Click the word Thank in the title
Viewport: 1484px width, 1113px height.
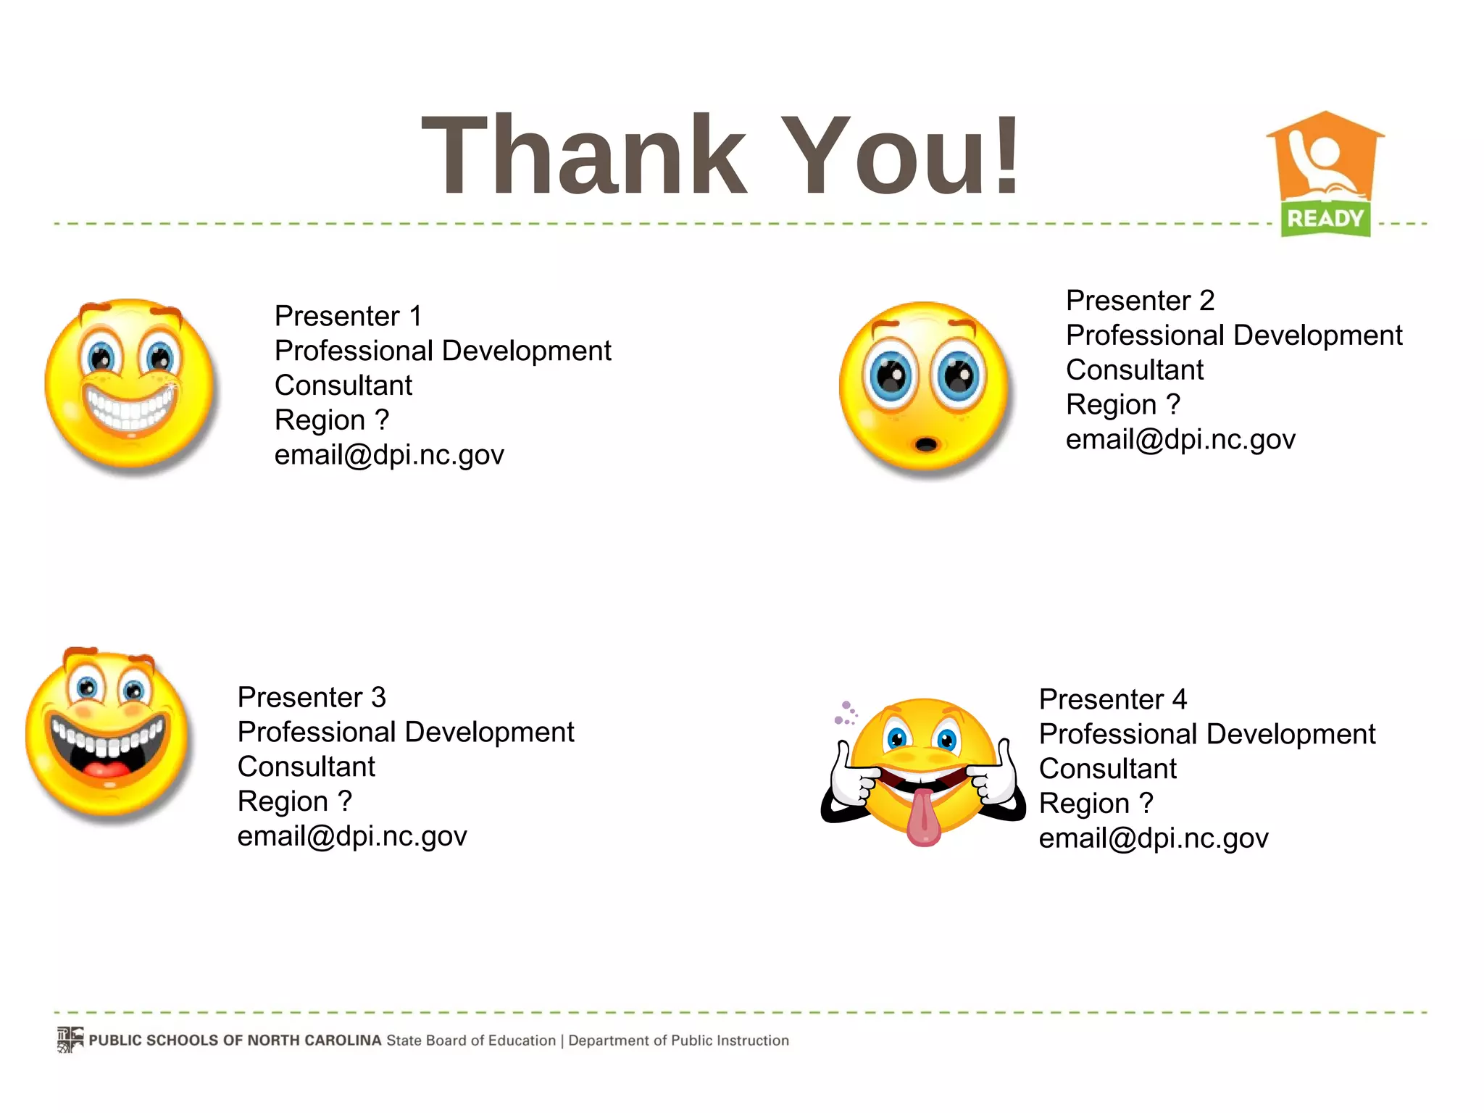(583, 156)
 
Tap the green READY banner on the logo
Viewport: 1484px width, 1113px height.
(1325, 218)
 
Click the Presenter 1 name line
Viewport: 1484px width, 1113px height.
(348, 316)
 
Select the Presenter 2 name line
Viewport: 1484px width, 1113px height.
(1140, 300)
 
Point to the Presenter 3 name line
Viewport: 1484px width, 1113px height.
(312, 697)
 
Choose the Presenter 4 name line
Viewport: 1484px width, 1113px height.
(1113, 699)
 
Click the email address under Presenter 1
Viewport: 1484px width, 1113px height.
(389, 455)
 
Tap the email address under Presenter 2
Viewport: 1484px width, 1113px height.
(1180, 439)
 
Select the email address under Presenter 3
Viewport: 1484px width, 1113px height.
(352, 836)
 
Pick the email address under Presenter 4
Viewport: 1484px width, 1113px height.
(1154, 838)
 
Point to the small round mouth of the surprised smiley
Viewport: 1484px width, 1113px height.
(925, 443)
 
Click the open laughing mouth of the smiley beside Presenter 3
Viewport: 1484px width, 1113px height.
(109, 754)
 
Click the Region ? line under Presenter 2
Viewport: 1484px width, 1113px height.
(1123, 404)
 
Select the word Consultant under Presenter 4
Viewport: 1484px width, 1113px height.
(1108, 769)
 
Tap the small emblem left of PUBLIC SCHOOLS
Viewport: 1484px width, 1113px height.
(70, 1039)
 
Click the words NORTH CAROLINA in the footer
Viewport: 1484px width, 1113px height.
(314, 1041)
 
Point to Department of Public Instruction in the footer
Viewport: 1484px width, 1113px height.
(678, 1041)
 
